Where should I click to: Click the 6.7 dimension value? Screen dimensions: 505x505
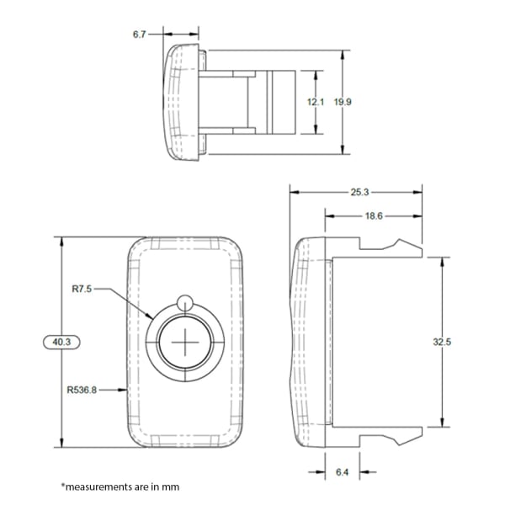click(x=140, y=35)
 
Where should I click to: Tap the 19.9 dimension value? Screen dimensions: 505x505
click(x=342, y=102)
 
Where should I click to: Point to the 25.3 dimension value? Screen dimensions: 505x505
click(x=359, y=192)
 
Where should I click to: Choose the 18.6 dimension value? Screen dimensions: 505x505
click(x=374, y=216)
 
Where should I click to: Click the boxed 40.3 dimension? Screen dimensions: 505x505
click(x=61, y=342)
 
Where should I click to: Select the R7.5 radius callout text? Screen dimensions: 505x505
click(x=82, y=288)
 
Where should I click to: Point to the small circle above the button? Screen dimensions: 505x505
click(x=186, y=302)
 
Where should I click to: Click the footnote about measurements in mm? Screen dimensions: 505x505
click(x=120, y=486)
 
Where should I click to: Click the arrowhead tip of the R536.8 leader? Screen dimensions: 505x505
click(x=128, y=390)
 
